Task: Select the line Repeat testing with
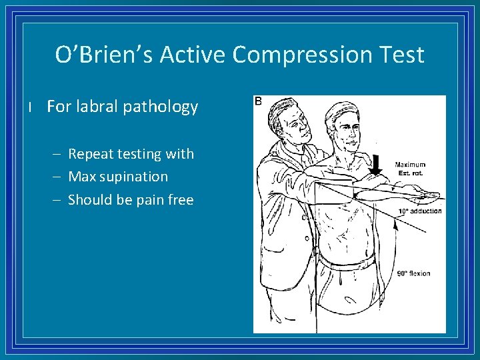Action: click(131, 154)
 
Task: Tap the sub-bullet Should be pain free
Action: click(131, 200)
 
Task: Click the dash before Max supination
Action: click(57, 177)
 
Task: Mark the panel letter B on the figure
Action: click(259, 101)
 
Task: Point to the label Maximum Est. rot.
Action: click(410, 169)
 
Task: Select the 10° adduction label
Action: click(420, 211)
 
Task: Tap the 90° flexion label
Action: click(413, 273)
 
